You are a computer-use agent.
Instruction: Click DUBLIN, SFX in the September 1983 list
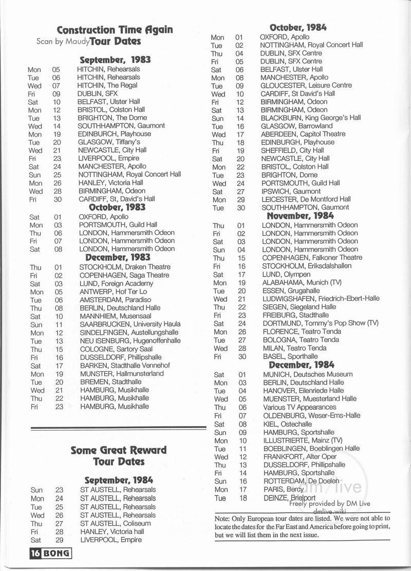[97, 94]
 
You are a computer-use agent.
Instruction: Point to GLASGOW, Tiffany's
[106, 142]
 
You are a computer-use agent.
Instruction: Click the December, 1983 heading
[118, 257]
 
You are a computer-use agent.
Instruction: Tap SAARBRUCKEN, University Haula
[129, 324]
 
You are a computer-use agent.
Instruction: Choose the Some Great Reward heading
[118, 450]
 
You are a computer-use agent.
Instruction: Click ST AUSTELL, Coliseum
[114, 523]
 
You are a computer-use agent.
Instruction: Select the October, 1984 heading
[298, 28]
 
